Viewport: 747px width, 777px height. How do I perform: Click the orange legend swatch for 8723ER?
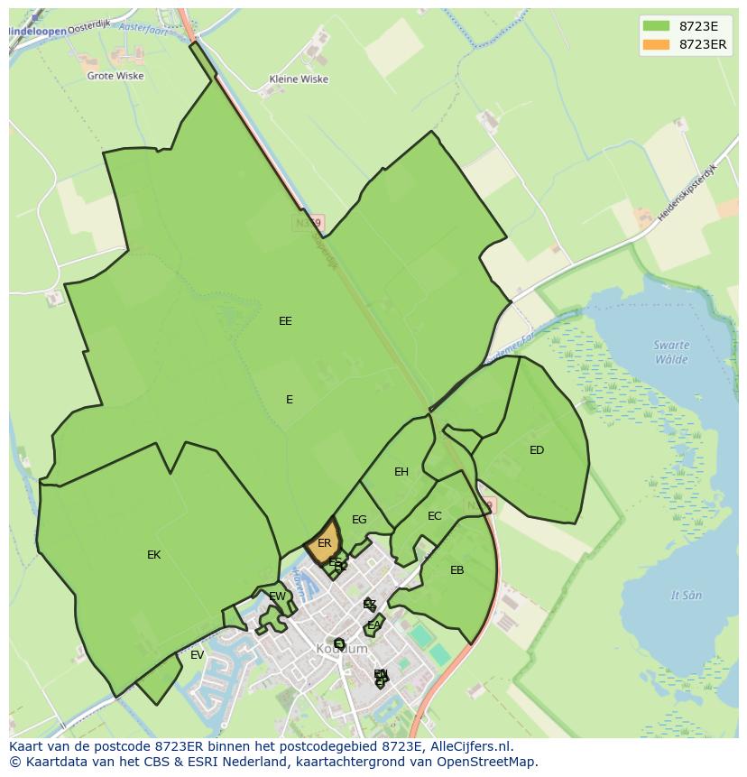pyautogui.click(x=656, y=44)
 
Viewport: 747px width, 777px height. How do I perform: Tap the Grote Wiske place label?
pyautogui.click(x=115, y=77)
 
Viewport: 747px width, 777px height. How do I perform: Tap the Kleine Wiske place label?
pyautogui.click(x=299, y=79)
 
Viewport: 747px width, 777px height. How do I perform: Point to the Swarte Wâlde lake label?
pyautogui.click(x=671, y=352)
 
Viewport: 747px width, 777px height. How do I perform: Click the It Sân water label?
pyautogui.click(x=686, y=596)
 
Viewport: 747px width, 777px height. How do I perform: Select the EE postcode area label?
pyautogui.click(x=285, y=321)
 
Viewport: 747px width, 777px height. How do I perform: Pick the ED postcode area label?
pyautogui.click(x=537, y=450)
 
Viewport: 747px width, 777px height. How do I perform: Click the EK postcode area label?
pyautogui.click(x=153, y=555)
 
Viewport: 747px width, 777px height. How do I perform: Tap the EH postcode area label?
pyautogui.click(x=401, y=472)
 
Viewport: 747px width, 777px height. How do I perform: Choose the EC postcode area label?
pyautogui.click(x=435, y=516)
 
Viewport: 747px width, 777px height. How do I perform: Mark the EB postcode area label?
pyautogui.click(x=456, y=570)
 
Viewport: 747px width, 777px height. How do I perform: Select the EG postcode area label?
pyautogui.click(x=359, y=520)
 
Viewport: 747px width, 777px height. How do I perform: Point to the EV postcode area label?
pyautogui.click(x=197, y=655)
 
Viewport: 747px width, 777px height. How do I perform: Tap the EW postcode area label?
pyautogui.click(x=277, y=597)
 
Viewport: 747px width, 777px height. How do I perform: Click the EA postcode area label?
pyautogui.click(x=373, y=625)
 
